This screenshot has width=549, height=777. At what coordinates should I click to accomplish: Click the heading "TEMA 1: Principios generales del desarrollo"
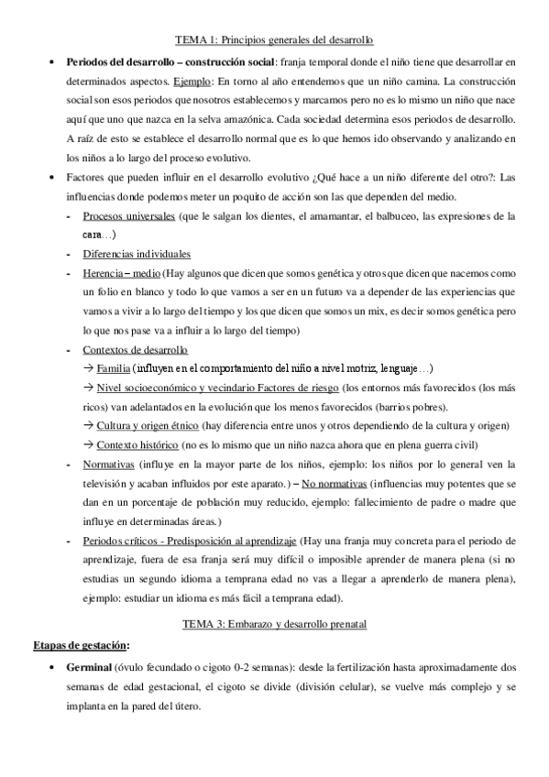pos(274,40)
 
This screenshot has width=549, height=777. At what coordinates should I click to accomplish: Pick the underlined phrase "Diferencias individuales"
pos(137,254)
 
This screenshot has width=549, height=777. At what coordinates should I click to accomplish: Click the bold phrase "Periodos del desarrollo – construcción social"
pos(170,61)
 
